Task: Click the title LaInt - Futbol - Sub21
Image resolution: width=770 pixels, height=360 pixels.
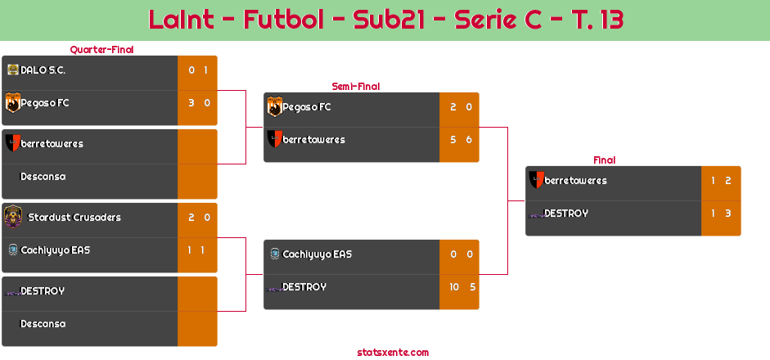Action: click(x=385, y=20)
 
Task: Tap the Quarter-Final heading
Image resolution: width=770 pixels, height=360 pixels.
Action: click(x=101, y=50)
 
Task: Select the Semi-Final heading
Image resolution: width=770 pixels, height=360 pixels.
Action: click(x=354, y=86)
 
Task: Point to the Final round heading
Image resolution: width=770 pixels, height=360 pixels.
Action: click(x=603, y=160)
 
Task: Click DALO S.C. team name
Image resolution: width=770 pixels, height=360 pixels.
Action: click(x=43, y=70)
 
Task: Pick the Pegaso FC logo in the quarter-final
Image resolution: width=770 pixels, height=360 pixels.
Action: click(x=12, y=103)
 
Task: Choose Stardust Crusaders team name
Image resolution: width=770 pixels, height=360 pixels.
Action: click(x=74, y=218)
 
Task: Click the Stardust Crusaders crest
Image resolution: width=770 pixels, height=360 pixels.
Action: click(x=13, y=217)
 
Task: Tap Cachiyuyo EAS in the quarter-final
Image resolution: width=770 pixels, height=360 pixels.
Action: click(x=56, y=250)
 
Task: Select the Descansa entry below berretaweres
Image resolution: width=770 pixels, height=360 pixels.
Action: click(x=43, y=177)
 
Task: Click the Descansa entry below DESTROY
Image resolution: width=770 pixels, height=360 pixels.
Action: click(x=43, y=324)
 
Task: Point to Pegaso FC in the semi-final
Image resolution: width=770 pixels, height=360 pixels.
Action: click(x=307, y=107)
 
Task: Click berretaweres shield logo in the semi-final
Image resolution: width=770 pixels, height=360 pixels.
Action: click(x=275, y=139)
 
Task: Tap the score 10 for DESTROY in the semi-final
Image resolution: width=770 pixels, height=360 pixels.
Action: click(x=453, y=287)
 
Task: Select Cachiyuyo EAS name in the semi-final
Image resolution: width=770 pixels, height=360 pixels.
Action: click(x=317, y=254)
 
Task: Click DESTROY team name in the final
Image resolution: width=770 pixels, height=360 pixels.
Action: click(x=566, y=214)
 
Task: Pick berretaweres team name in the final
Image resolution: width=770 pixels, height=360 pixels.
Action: click(x=575, y=181)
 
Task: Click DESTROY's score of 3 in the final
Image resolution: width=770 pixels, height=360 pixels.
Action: click(x=727, y=214)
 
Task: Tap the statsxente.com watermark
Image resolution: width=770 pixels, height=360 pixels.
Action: click(x=393, y=353)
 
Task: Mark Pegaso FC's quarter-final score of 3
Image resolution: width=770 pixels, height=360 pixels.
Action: click(x=191, y=103)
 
